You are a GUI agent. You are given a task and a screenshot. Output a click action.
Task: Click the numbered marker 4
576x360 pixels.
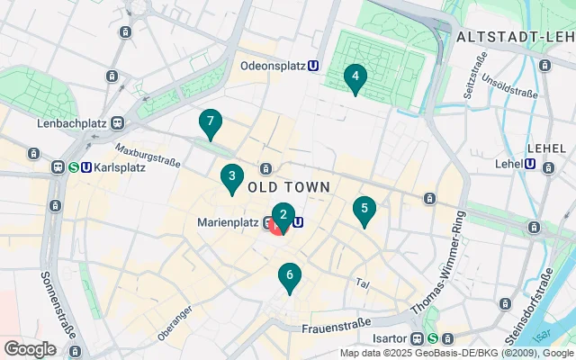tap(355, 77)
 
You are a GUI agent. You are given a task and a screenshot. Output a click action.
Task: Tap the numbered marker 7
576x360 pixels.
tap(210, 121)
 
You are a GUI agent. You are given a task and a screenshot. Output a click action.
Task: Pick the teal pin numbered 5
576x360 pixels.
tap(364, 210)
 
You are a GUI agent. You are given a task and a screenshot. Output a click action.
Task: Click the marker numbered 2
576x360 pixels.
tap(283, 215)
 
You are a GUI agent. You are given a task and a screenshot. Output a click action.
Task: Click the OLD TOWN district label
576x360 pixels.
tap(288, 186)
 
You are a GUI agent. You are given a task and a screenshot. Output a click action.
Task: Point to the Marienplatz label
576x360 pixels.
tap(229, 224)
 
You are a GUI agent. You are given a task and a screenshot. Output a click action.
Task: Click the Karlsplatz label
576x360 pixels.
tap(120, 166)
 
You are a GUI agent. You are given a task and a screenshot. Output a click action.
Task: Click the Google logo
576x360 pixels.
tap(30, 348)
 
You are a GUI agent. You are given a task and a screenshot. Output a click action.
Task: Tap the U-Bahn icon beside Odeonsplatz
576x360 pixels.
tap(312, 65)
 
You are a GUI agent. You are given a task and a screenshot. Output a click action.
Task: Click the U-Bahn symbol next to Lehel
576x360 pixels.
tap(531, 165)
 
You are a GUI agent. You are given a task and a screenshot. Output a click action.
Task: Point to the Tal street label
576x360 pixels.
tap(363, 283)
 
